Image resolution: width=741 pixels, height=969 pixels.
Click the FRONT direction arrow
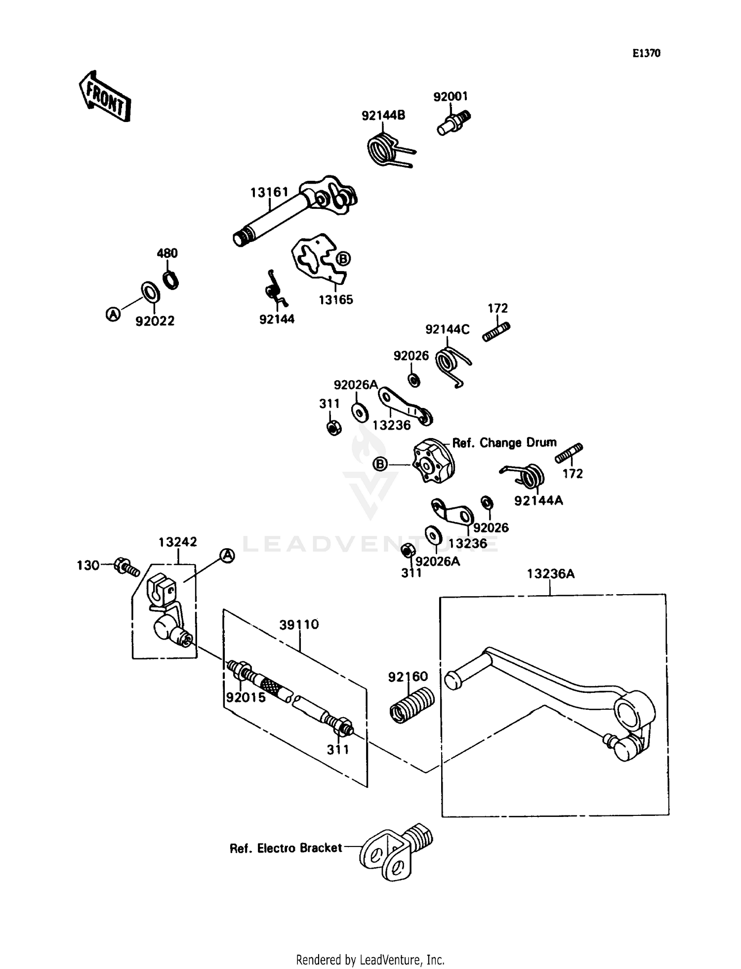coord(105,97)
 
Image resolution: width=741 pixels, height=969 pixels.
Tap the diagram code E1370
coord(646,53)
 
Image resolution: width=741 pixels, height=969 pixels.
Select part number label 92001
coord(450,96)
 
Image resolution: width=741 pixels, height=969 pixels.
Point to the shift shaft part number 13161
coord(269,192)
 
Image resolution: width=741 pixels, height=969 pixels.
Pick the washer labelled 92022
coord(150,292)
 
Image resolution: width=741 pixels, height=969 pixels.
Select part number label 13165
coord(335,300)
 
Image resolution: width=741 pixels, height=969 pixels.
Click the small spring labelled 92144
coord(275,289)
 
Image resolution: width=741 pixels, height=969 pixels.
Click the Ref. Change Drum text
coord(504,443)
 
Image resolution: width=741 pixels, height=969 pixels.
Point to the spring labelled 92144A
coord(530,475)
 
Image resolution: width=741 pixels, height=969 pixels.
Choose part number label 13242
coord(178,542)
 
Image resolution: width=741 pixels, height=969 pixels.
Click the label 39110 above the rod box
coord(299,624)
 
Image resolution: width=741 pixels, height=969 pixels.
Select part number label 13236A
coord(550,574)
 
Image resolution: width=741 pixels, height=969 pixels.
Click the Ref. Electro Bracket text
coord(286,848)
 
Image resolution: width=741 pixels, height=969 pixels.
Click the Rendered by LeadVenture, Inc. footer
coord(370,960)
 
